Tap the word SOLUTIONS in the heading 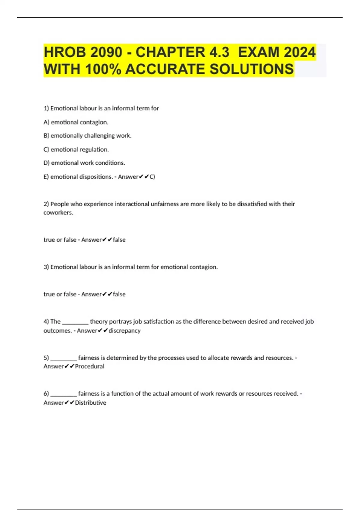[x=252, y=69]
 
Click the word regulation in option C [x=94, y=149]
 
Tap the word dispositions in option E [x=96, y=177]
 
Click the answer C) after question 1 [x=152, y=177]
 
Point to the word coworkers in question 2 [x=58, y=213]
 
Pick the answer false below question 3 [x=119, y=294]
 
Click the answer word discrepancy [x=124, y=331]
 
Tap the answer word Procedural [x=90, y=366]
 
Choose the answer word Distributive [x=91, y=403]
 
